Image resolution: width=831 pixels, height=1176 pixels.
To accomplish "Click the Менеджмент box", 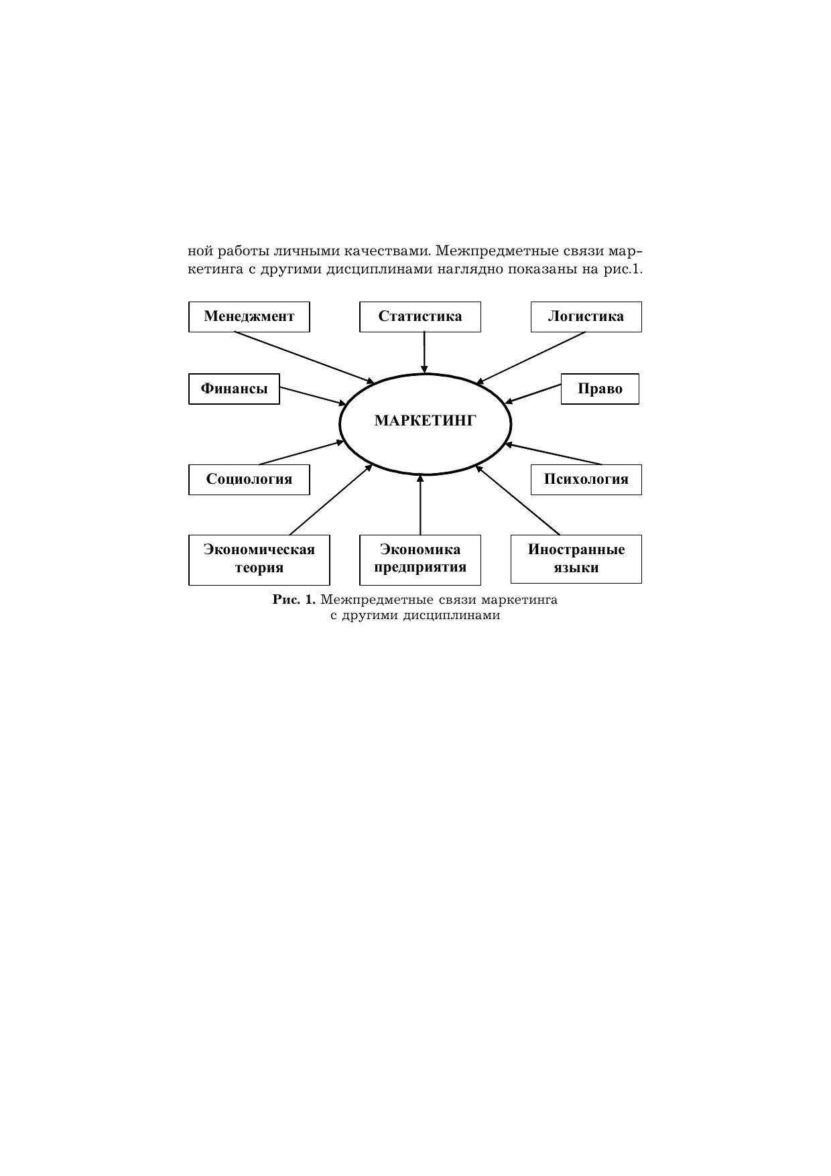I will [249, 316].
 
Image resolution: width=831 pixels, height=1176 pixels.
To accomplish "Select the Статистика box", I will [420, 316].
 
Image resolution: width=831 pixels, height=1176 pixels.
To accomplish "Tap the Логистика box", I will [586, 316].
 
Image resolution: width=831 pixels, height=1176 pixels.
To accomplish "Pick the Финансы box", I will [234, 389].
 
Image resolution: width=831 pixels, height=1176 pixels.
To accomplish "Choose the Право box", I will [600, 389].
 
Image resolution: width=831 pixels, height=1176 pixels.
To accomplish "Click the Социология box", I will [249, 479].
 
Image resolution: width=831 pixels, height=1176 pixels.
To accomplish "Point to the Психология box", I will [586, 479].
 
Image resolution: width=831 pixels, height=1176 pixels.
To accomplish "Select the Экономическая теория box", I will [259, 559].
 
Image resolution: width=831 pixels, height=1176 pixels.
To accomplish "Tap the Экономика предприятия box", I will [420, 559].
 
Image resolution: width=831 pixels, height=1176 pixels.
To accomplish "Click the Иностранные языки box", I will [576, 559].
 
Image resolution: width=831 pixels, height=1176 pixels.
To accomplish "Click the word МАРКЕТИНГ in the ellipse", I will [425, 421].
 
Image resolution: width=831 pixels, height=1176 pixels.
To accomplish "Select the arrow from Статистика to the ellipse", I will [424, 352].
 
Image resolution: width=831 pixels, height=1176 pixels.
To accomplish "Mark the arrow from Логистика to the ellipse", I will [531, 358].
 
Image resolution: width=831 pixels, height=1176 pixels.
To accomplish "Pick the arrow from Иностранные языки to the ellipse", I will [518, 500].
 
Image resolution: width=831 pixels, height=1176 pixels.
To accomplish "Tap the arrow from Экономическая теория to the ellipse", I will [330, 500].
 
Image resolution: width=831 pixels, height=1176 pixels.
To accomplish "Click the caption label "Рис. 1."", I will [294, 600].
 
